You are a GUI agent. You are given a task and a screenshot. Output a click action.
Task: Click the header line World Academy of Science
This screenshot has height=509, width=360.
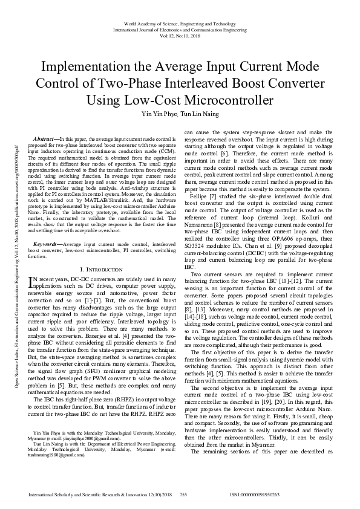(180, 22)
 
